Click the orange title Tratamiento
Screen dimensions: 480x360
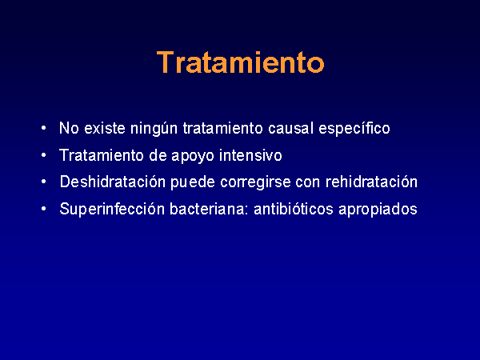point(240,62)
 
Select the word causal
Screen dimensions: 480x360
point(290,128)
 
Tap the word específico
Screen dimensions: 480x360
point(354,128)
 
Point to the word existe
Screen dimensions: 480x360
point(104,128)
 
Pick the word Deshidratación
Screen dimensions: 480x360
point(113,182)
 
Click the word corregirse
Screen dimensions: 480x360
point(255,182)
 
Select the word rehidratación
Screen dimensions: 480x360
point(371,182)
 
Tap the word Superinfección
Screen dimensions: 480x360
point(112,209)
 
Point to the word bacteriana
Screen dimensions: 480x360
point(210,209)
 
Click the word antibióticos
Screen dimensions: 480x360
point(294,209)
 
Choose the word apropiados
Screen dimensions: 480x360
point(378,210)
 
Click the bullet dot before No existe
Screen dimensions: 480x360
point(43,128)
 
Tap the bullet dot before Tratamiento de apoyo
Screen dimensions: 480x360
point(43,155)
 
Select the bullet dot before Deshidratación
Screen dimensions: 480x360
point(43,182)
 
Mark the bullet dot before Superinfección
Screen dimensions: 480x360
point(43,209)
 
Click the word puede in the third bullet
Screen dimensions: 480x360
point(193,182)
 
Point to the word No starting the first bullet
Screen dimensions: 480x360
point(69,128)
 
